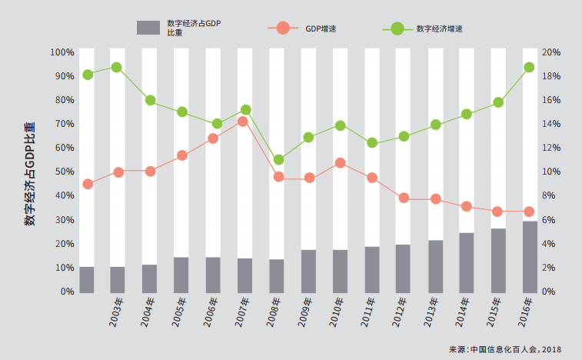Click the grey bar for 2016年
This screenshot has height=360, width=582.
(x=530, y=257)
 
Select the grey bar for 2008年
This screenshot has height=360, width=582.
(x=277, y=275)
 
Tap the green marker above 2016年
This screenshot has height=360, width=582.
(x=530, y=68)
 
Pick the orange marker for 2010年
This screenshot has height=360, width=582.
(x=340, y=163)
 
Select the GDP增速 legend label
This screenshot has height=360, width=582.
(x=321, y=28)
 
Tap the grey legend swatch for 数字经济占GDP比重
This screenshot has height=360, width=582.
(x=148, y=28)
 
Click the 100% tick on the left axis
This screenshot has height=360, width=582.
(x=62, y=52)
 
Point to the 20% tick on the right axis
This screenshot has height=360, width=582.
(x=551, y=52)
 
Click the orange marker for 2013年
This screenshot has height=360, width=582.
(x=435, y=199)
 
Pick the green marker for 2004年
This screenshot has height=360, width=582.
(x=151, y=101)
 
